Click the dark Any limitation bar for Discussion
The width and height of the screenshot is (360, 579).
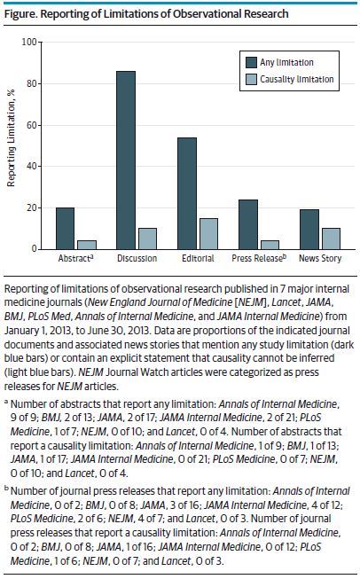(126, 160)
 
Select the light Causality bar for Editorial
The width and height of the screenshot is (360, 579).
(208, 234)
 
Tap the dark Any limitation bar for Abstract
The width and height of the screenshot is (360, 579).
(65, 229)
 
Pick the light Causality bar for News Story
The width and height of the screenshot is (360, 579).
(331, 239)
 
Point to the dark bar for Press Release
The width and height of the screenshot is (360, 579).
(248, 224)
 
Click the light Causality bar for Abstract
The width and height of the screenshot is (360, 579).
(87, 245)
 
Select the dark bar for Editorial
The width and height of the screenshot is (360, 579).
(187, 193)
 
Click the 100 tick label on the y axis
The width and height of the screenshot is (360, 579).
(29, 42)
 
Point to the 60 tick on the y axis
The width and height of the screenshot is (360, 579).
(31, 125)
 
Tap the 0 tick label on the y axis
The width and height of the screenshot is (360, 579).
(35, 249)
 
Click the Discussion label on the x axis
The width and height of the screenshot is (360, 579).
(137, 258)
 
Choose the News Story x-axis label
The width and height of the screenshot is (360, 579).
(320, 258)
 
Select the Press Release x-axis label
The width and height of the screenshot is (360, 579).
(259, 258)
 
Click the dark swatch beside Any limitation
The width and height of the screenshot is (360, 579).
(251, 62)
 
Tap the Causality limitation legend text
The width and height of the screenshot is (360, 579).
(297, 79)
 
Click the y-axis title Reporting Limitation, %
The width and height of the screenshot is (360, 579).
(11, 137)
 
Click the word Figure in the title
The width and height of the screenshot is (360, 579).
(20, 14)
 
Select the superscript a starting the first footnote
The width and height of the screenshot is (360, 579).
(6, 401)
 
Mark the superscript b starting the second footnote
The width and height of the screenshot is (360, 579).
(6, 489)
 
